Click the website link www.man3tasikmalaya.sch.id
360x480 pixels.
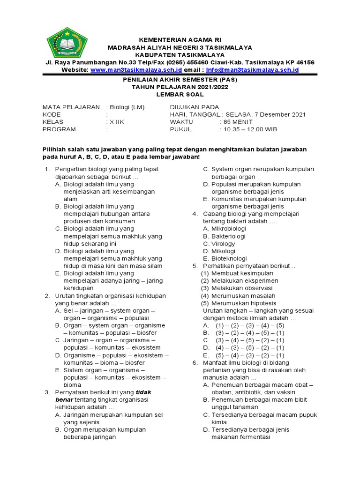[x=136, y=70]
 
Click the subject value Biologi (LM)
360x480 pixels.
[x=126, y=107]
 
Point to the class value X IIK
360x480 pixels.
[x=117, y=122]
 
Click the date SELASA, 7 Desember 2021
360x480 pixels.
[x=265, y=114]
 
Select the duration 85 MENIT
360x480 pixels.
[x=239, y=122]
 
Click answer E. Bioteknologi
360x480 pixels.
[x=225, y=258]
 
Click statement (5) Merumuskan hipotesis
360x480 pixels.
[x=239, y=303]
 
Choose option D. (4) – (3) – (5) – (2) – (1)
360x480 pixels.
[x=244, y=348]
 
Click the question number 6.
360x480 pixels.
[x=195, y=363]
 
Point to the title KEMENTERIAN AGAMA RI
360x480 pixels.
[x=180, y=40]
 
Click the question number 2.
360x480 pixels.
[x=47, y=296]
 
